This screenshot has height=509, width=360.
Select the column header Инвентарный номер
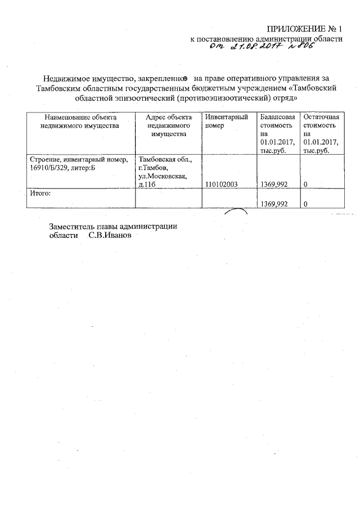(x=226, y=121)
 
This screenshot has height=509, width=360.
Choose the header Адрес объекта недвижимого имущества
(x=169, y=125)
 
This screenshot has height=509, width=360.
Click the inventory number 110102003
(x=224, y=183)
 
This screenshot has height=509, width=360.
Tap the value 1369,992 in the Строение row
(x=275, y=183)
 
